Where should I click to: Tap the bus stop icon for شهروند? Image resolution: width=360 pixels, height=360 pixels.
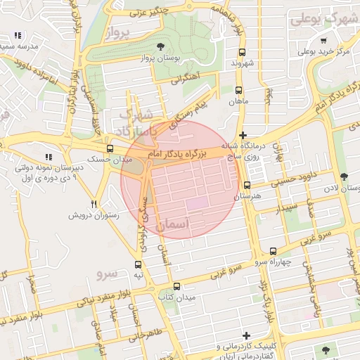(x=243, y=52)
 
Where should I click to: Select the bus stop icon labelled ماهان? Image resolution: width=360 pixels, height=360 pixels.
(x=238, y=90)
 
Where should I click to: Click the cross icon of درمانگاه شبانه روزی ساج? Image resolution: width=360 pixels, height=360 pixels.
(x=243, y=135)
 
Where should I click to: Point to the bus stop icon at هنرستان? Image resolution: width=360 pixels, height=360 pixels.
(x=246, y=186)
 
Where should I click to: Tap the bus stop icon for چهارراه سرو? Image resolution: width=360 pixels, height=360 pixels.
(x=273, y=251)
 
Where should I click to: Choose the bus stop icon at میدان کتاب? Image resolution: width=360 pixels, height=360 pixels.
(x=176, y=287)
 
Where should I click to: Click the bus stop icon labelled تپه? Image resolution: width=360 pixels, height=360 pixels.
(x=138, y=265)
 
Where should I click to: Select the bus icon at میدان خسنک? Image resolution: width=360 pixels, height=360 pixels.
(x=110, y=148)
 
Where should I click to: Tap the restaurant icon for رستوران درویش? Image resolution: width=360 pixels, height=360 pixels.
(x=94, y=204)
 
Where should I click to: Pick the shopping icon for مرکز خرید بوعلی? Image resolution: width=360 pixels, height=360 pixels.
(x=323, y=40)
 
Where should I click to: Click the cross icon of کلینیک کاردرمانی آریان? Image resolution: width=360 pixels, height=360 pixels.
(x=245, y=335)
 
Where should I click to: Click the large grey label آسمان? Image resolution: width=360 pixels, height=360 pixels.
(x=174, y=224)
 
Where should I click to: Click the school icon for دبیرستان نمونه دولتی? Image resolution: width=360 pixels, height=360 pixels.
(x=48, y=157)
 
